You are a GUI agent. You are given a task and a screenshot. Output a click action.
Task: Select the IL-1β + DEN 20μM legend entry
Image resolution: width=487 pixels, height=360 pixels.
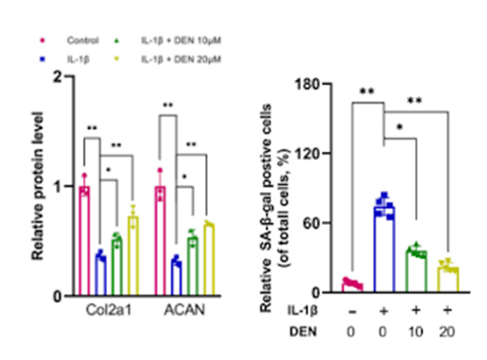click(181, 59)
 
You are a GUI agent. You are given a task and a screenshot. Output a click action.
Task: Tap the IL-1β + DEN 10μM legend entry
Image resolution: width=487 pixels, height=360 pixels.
click(181, 41)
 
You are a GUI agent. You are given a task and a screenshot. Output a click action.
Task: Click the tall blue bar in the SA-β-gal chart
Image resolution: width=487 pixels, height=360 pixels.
click(384, 250)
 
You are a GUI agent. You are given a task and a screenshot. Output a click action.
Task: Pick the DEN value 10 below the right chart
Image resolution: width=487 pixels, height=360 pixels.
click(416, 333)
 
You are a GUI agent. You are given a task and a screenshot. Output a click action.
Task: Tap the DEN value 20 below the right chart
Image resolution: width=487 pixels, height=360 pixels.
click(447, 333)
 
